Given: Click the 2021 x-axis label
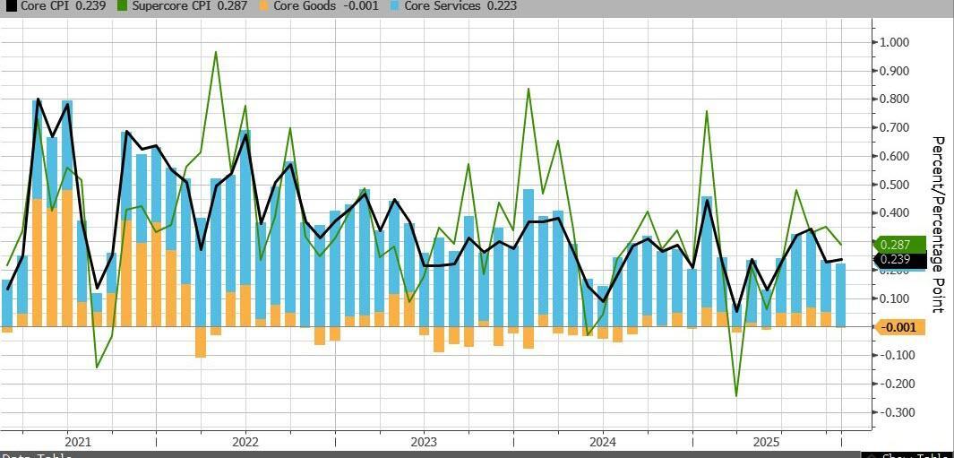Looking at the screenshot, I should tap(78, 442).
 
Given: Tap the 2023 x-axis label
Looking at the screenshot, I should tap(424, 442).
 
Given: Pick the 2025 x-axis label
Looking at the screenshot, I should tap(766, 442).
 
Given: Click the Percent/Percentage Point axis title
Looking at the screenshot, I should tap(938, 224).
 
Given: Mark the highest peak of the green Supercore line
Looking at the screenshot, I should tap(216, 52).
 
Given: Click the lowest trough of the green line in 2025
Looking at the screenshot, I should tap(736, 395).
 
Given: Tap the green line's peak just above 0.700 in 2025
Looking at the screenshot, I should tap(707, 111).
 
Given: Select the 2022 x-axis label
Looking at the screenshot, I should tap(245, 442).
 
